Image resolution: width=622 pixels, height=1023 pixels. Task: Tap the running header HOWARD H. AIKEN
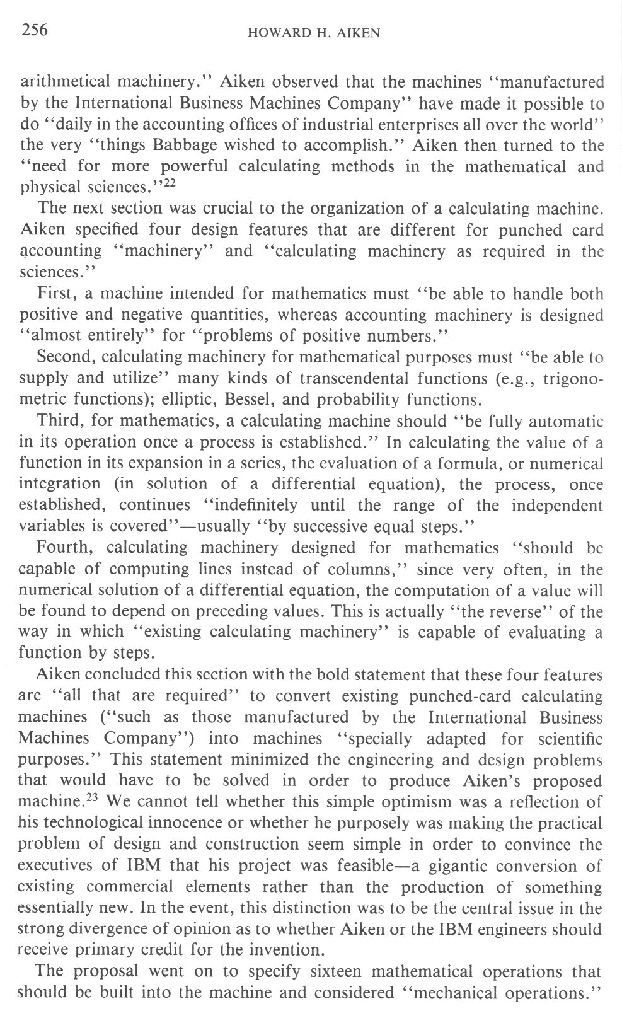pos(314,33)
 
